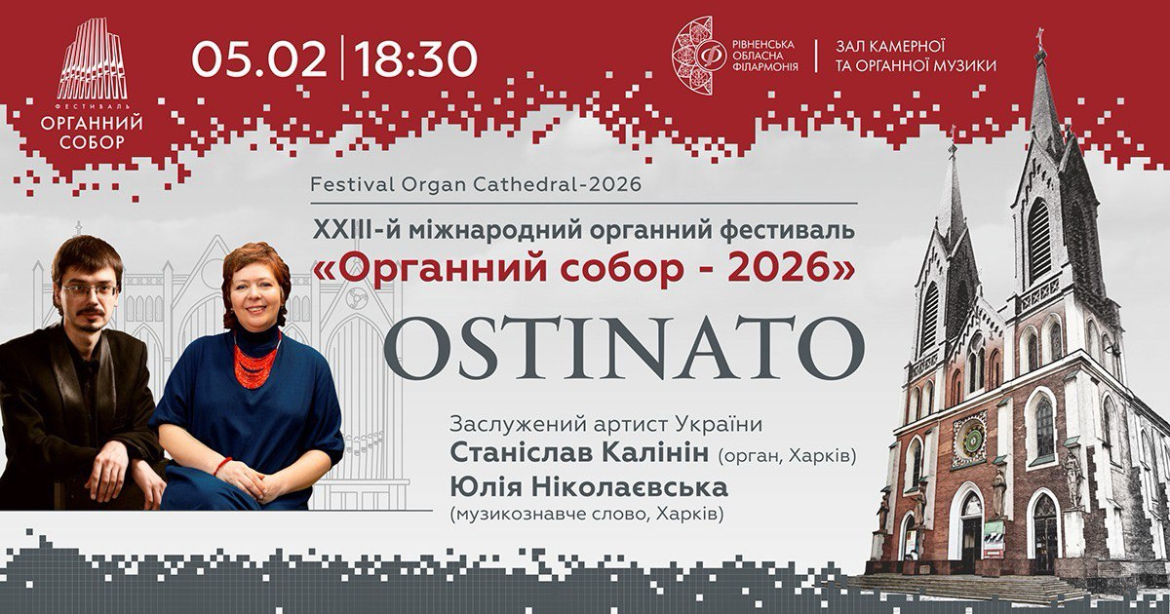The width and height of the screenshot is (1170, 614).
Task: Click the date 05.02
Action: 259,59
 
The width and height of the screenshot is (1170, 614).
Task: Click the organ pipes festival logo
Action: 92,59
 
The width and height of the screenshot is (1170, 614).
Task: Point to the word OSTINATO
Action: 624,348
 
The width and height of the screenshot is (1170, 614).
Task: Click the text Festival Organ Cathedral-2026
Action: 476,184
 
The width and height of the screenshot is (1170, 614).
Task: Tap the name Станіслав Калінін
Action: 580,453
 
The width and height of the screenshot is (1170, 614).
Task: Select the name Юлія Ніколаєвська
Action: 589,487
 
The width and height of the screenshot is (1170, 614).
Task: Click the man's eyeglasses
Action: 91,289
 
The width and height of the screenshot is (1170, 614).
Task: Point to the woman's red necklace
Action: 255,362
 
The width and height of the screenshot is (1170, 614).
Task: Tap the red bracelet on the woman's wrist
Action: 222,466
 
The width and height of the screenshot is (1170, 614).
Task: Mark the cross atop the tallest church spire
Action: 1040,39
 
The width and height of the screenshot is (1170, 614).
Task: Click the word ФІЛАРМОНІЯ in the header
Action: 765,66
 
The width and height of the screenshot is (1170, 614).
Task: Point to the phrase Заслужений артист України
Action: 605,424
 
